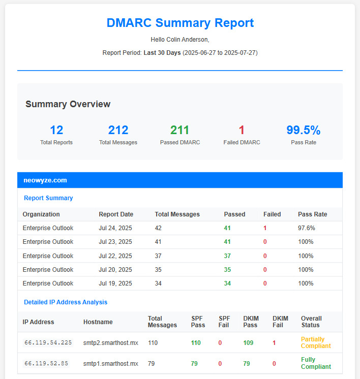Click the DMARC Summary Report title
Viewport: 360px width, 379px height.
point(180,23)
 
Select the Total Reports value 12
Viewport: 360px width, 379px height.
point(56,130)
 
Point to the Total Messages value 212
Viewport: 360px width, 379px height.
point(118,130)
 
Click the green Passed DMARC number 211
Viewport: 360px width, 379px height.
point(180,130)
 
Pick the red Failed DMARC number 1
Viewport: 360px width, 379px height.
point(242,130)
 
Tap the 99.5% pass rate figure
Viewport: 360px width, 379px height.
point(304,130)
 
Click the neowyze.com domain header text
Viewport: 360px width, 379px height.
point(45,180)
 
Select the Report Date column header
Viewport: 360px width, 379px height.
point(116,214)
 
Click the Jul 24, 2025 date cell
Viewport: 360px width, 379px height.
point(115,228)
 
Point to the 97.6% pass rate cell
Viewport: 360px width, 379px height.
point(307,228)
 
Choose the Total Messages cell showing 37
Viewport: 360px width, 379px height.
point(158,256)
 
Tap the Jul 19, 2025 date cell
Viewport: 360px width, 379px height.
point(115,283)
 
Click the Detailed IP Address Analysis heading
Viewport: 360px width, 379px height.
point(66,302)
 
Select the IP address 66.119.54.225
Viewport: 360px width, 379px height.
point(48,343)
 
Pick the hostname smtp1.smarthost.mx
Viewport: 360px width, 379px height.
point(111,364)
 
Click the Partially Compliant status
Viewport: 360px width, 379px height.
point(313,343)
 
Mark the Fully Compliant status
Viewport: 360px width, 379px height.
point(316,363)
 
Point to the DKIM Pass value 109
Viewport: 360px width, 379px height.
point(248,343)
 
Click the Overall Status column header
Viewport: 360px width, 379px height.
point(311,322)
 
